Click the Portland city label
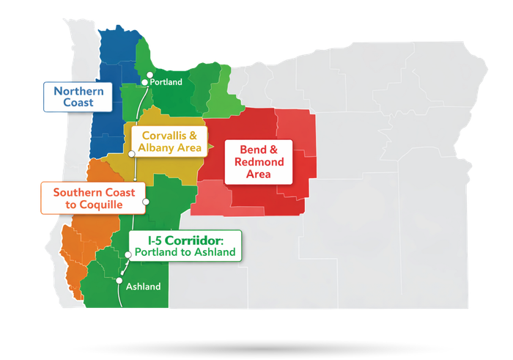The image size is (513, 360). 166,82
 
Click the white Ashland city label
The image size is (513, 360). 143,287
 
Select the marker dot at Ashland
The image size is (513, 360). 119,279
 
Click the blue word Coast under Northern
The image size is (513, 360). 78,103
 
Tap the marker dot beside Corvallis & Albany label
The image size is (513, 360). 131,154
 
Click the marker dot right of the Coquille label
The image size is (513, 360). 145,202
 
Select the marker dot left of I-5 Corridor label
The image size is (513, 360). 128,254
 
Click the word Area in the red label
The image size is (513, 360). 259,175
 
